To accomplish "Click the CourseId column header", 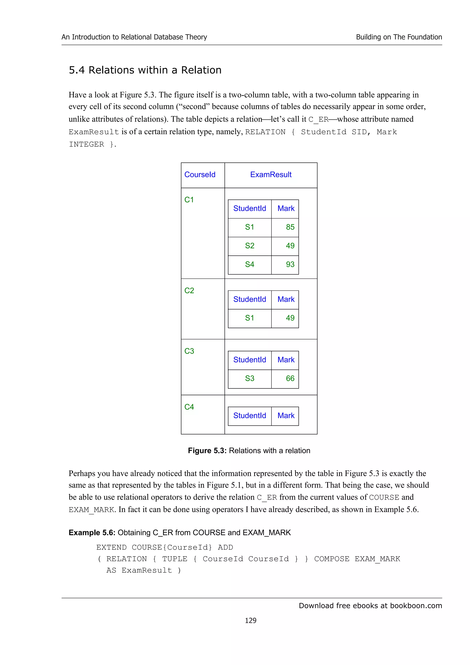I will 200,175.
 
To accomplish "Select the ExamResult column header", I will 271,175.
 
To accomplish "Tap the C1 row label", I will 189,200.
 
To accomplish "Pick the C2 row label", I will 189,291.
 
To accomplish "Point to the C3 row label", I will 189,351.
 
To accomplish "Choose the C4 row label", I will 189,407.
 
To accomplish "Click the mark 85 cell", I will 290,227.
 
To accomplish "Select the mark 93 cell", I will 290,264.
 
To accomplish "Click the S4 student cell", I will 250,264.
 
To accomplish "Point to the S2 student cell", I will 250,246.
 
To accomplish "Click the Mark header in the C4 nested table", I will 286,416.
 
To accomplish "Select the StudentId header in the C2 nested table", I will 250,299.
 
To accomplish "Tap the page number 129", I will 251,620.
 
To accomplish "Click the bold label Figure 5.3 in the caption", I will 207,451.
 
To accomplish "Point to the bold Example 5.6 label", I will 92,533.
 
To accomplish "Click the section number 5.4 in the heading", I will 76,70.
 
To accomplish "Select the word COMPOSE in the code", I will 332,559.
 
